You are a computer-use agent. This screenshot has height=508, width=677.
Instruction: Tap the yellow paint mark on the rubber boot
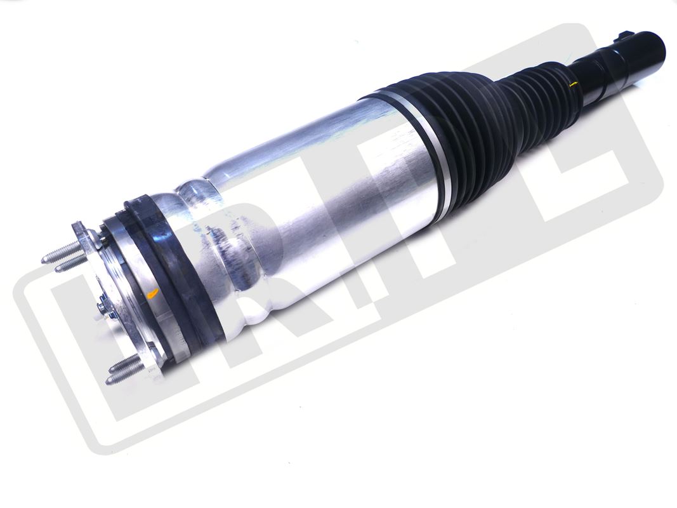point(574,84)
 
